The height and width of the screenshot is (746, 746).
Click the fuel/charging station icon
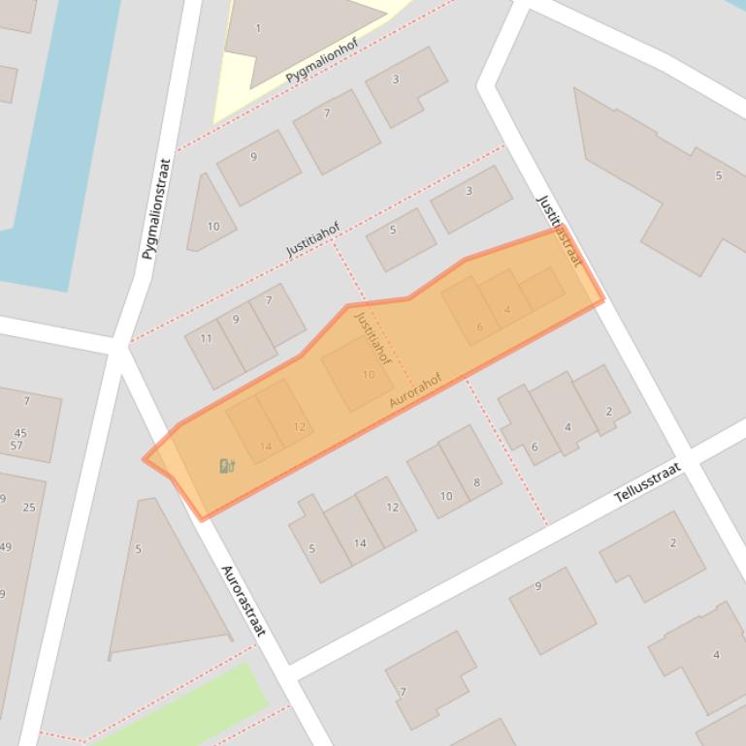point(227,466)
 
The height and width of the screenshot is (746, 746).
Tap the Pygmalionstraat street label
point(155,208)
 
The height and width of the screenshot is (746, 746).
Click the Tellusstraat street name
point(647,482)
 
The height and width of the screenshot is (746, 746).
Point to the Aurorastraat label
point(243,601)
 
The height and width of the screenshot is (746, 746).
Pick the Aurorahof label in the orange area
point(415,389)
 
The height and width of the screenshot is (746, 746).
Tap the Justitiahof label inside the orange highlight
point(373,337)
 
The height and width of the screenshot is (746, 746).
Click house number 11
point(206,339)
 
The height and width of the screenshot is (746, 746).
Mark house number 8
point(476,482)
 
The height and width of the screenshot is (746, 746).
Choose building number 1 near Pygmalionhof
point(258,29)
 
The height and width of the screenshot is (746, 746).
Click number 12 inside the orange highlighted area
point(299,426)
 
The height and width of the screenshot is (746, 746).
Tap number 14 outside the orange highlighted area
point(360,543)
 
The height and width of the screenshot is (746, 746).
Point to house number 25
point(29,507)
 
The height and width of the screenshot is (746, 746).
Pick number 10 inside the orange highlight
point(369,375)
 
